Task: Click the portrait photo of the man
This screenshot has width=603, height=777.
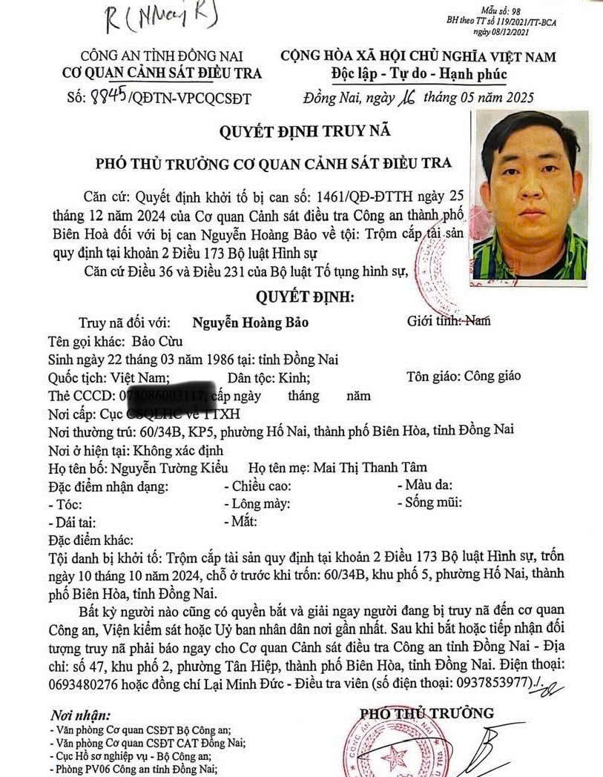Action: point(530,195)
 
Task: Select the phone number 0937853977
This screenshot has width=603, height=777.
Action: point(487,681)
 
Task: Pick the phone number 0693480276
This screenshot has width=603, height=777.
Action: point(93,682)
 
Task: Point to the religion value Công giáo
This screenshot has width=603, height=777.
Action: point(494,376)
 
